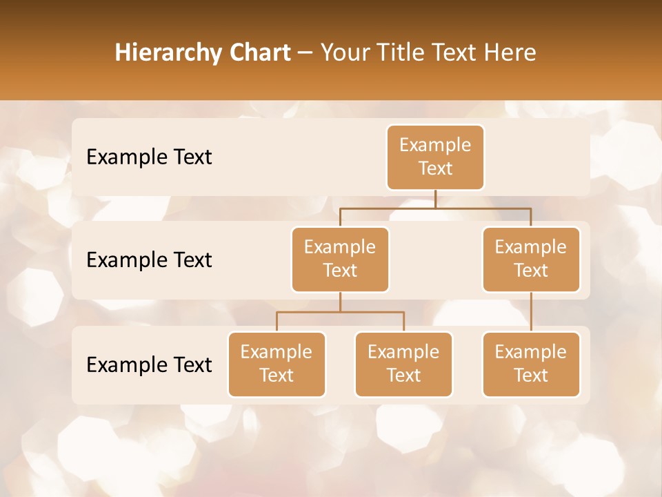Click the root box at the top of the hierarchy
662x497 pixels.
(435, 157)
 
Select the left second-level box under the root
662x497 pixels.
(340, 260)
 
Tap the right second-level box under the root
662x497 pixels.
(531, 260)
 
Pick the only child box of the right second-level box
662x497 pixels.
(531, 364)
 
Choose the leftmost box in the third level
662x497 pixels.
(277, 364)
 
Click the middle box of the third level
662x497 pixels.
(403, 364)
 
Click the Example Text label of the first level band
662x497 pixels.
(149, 157)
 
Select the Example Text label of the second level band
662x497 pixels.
(149, 260)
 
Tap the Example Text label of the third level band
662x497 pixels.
(149, 365)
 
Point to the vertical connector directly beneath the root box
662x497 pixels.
(435, 199)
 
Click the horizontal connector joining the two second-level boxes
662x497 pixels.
(435, 207)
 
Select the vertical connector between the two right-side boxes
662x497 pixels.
(531, 312)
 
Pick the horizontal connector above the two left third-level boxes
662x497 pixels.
(340, 312)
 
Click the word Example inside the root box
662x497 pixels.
(435, 145)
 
